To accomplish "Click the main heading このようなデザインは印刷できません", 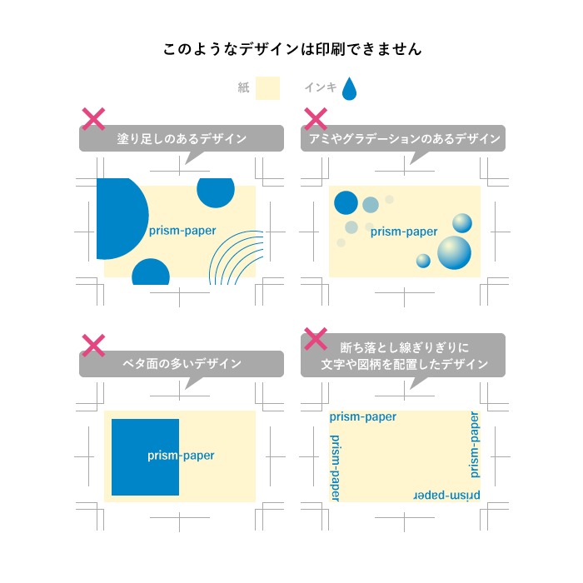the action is point(292,49).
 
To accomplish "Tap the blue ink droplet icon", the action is point(349,89).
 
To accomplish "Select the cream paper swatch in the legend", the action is point(267,88).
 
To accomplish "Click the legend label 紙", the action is point(243,87).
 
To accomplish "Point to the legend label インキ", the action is point(321,87).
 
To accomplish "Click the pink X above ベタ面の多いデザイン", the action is point(93,346).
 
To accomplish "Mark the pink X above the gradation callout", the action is point(316,119).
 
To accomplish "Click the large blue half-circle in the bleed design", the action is point(122,218).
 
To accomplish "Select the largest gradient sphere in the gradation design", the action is point(454,252).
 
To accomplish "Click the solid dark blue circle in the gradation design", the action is point(346,202).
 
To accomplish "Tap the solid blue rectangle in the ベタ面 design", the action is point(146,457).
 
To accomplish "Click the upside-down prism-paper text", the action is point(446,496).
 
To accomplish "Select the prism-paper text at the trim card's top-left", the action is point(363,416).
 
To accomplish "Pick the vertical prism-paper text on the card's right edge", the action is point(475,445).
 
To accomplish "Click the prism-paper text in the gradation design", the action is point(404,232).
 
